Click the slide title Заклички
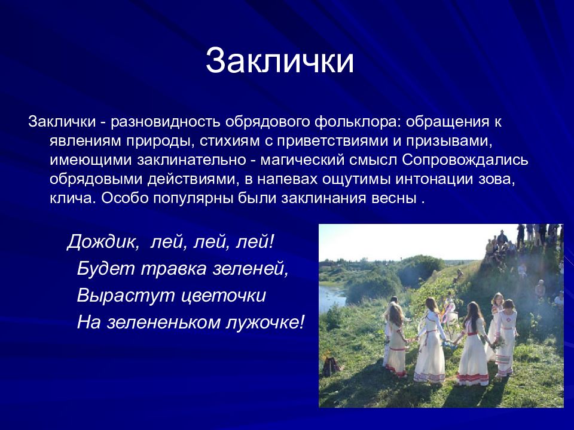tap(280, 60)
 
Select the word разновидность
tap(166, 121)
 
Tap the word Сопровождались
tap(465, 160)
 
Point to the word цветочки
tap(224, 296)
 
